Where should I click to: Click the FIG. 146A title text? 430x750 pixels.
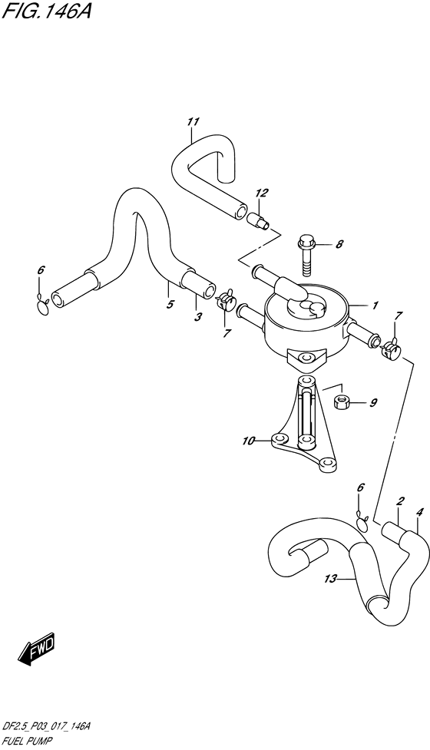tap(46, 10)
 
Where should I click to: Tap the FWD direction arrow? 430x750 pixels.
tap(38, 649)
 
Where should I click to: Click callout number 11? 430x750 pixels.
tap(193, 122)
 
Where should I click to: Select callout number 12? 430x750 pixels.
tap(262, 193)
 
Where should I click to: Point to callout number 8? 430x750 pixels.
tap(339, 244)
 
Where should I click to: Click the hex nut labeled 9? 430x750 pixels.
tap(342, 402)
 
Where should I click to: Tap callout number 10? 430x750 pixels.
tap(248, 441)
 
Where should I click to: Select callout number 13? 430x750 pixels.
tap(330, 580)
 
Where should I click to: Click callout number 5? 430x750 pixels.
tap(170, 304)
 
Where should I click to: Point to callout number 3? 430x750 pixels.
tap(198, 316)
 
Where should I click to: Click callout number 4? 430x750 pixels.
tap(419, 512)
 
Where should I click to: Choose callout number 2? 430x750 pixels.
tap(400, 501)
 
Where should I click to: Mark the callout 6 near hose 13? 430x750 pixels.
tap(361, 488)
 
